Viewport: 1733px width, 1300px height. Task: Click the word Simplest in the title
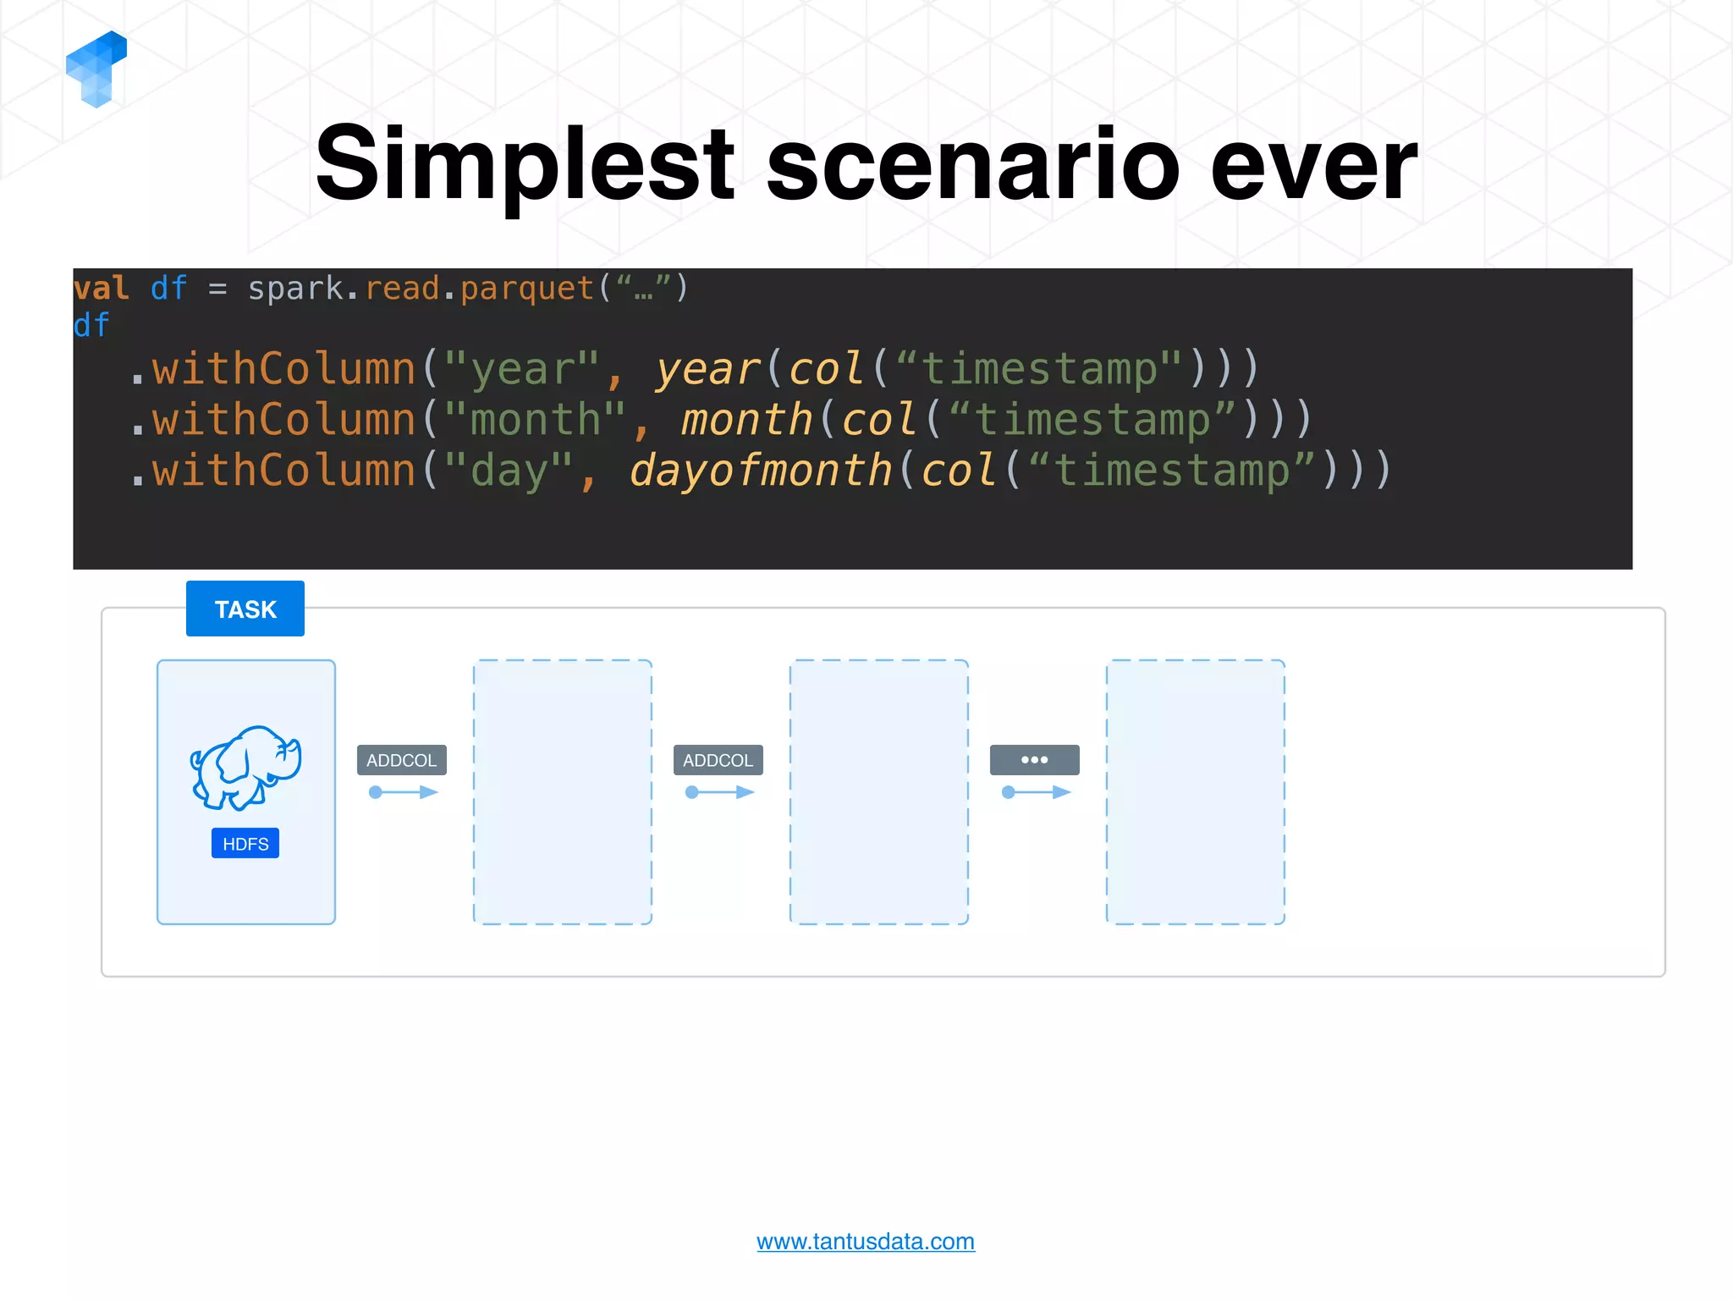(525, 164)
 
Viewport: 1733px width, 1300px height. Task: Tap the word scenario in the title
(972, 164)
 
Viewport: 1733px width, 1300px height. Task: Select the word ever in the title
(1313, 164)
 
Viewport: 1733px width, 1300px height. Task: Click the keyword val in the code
(101, 289)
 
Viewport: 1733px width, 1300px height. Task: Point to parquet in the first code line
(526, 289)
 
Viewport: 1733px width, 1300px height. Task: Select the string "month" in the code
(535, 420)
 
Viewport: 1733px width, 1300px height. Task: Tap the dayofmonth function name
(761, 471)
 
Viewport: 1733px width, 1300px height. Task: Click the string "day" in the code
(509, 471)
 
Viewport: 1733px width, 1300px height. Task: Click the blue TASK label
(245, 609)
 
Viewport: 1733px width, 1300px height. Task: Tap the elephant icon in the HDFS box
(245, 768)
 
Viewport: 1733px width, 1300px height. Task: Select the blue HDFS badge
(245, 844)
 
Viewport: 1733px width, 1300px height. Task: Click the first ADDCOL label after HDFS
(401, 760)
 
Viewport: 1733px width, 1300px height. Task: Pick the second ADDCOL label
(718, 760)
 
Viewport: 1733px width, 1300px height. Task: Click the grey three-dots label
(1034, 760)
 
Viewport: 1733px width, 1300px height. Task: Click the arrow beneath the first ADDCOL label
(403, 792)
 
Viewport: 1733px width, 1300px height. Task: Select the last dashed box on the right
(1195, 792)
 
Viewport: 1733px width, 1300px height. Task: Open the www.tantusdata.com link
(865, 1242)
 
